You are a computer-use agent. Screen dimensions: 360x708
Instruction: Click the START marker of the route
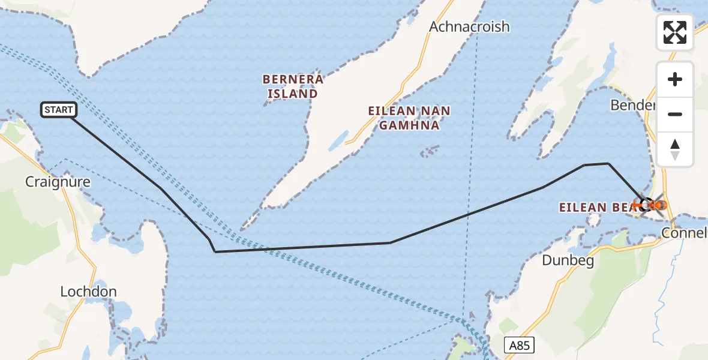pyautogui.click(x=58, y=110)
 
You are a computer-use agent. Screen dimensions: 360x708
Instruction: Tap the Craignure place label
pyautogui.click(x=58, y=182)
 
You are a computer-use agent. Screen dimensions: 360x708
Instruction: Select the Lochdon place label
pyautogui.click(x=88, y=292)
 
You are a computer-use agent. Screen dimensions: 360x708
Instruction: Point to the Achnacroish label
pyautogui.click(x=469, y=26)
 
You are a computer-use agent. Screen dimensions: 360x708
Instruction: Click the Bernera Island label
pyautogui.click(x=293, y=86)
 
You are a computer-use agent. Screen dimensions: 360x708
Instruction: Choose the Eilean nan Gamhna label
pyautogui.click(x=409, y=118)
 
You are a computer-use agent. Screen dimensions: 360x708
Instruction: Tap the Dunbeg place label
pyautogui.click(x=566, y=260)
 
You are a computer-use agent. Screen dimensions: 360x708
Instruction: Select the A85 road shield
pyautogui.click(x=519, y=345)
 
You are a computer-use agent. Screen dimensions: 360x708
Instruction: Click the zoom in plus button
pyautogui.click(x=675, y=80)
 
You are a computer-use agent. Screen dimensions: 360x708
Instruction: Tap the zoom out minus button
pyautogui.click(x=675, y=114)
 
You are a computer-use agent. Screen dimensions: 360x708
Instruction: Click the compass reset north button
pyautogui.click(x=675, y=149)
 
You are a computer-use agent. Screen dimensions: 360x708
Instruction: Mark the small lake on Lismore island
pyautogui.click(x=338, y=140)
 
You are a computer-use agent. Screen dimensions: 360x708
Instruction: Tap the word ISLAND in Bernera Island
pyautogui.click(x=293, y=94)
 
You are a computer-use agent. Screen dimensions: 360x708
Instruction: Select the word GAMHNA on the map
pyautogui.click(x=409, y=126)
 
